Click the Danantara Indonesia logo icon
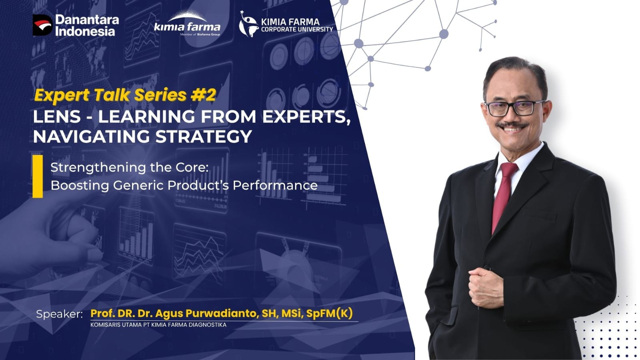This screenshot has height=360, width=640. click(42, 25)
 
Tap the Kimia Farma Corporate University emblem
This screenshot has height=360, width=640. click(248, 24)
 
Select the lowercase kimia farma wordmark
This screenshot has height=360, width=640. click(187, 26)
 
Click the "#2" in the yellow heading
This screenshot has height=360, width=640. click(203, 95)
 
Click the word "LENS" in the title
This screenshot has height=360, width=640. click(57, 117)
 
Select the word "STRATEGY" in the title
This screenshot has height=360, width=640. click(204, 137)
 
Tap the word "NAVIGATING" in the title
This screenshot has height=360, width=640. click(91, 137)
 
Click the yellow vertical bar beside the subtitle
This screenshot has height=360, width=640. click(38, 177)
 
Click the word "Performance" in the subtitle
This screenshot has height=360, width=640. click(275, 185)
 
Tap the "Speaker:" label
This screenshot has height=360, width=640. click(59, 314)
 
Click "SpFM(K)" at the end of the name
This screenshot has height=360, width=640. click(329, 314)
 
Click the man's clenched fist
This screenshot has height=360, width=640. click(486, 287)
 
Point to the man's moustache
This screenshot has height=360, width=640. click(512, 125)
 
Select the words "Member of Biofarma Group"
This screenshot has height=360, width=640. click(200, 34)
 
